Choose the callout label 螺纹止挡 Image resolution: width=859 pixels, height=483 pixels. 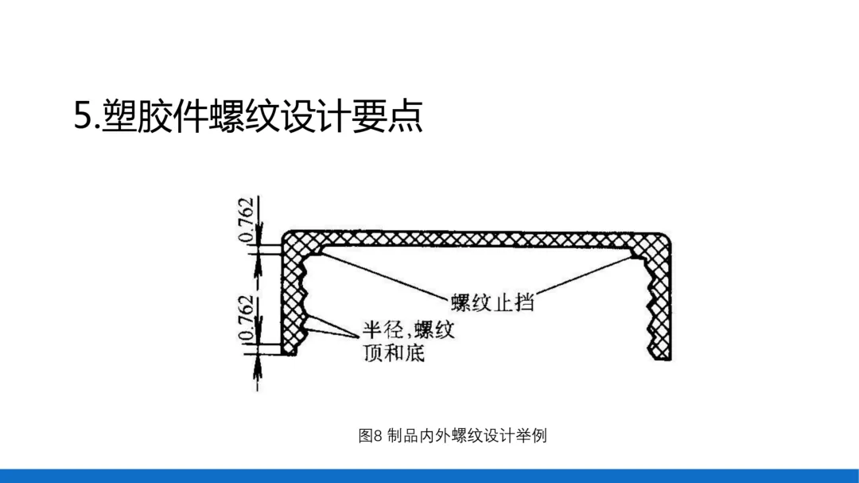[492, 302]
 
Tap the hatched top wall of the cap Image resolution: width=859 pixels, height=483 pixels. [477, 240]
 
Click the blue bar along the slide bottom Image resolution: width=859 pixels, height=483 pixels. [429, 476]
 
